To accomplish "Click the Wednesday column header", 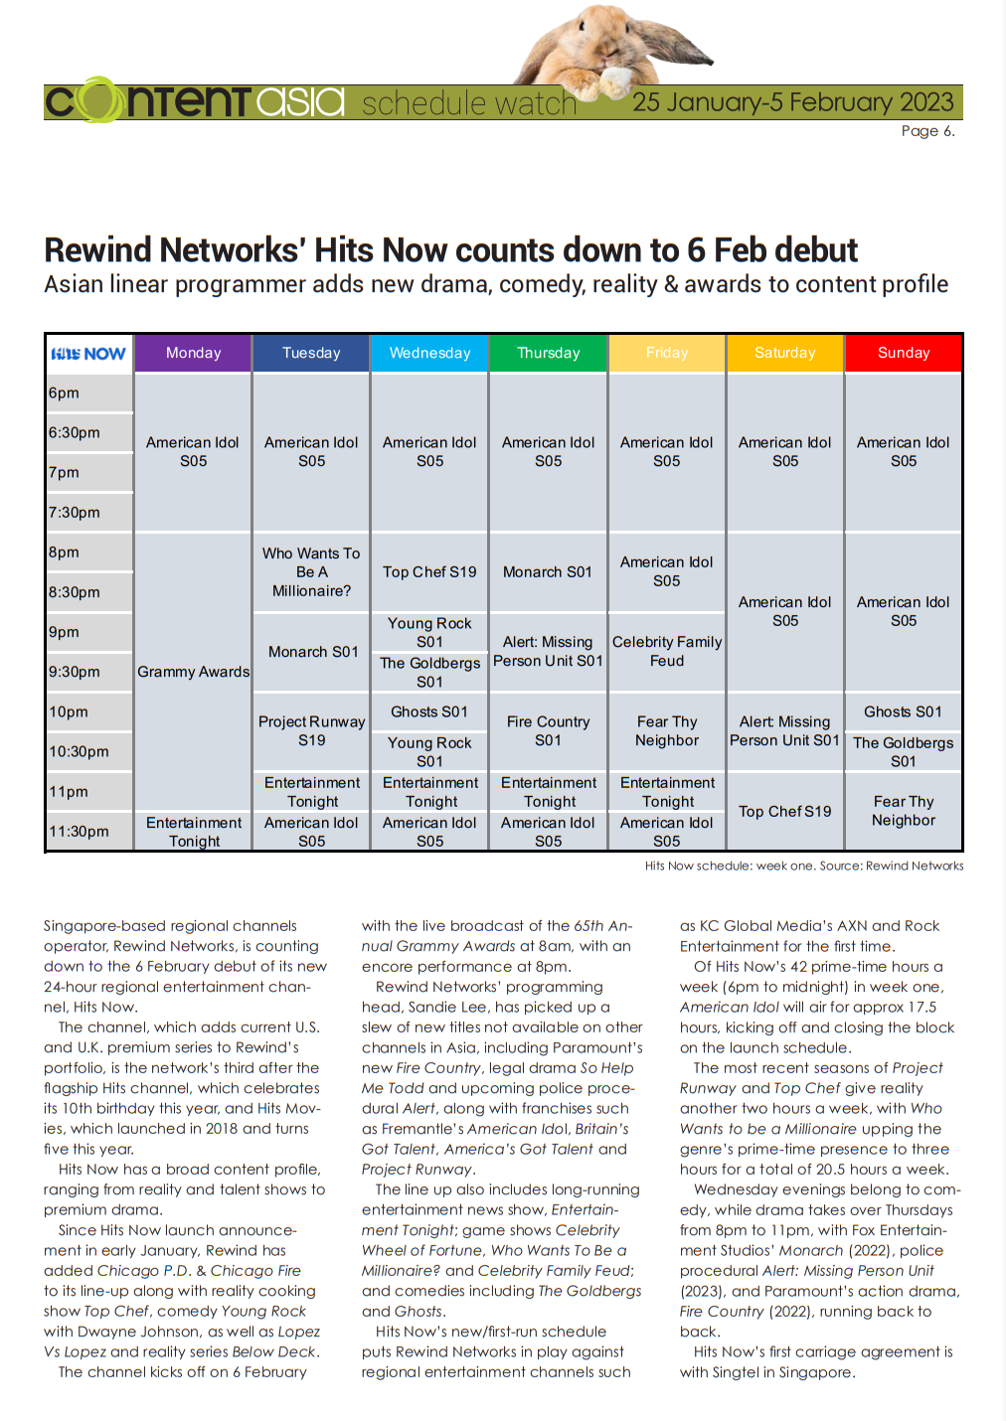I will [429, 353].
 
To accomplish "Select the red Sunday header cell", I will [904, 353].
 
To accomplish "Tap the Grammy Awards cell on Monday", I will [193, 672].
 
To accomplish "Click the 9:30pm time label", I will [75, 672].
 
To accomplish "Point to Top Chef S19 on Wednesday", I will [429, 571].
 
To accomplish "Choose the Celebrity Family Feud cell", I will [667, 651].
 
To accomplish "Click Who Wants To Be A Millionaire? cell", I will [311, 571].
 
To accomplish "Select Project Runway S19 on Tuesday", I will [311, 730].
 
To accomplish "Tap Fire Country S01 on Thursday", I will [548, 730].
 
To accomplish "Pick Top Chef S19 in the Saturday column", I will [784, 811].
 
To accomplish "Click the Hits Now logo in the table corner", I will [88, 354].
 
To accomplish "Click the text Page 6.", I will [927, 131].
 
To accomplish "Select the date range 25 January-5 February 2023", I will [792, 102].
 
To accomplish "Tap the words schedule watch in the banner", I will [469, 103].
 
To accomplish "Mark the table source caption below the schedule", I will [803, 866].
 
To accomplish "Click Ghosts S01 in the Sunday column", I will [903, 711].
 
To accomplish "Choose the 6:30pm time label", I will [75, 433].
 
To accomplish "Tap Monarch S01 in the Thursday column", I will [548, 571].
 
